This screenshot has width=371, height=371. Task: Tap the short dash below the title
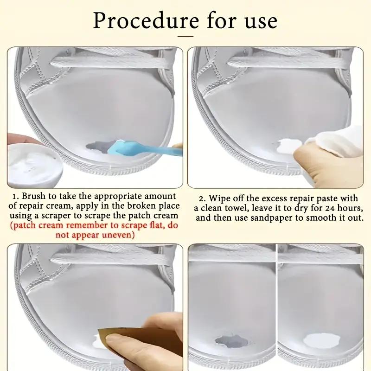click(185, 36)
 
